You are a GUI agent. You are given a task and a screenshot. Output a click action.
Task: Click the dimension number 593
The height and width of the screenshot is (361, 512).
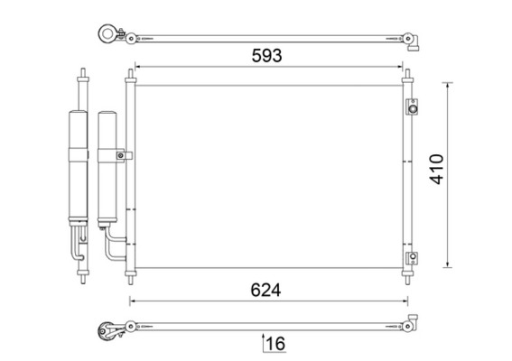pyautogui.click(x=266, y=55)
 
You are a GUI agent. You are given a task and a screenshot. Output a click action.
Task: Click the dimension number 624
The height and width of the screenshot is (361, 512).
pyautogui.click(x=265, y=290)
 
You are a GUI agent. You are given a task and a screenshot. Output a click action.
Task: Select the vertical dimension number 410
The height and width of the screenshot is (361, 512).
pyautogui.click(x=437, y=169)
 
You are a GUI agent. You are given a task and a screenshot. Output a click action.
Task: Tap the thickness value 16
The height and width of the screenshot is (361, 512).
pyautogui.click(x=276, y=343)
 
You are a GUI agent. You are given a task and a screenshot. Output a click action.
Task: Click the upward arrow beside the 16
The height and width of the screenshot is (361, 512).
pyautogui.click(x=263, y=343)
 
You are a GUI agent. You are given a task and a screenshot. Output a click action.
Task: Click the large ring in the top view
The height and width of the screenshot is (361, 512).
pyautogui.click(x=107, y=33)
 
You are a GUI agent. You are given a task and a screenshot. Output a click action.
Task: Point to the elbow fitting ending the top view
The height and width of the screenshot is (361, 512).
pyautogui.click(x=412, y=42)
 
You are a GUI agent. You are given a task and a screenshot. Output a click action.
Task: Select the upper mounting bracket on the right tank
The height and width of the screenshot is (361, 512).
pyautogui.click(x=413, y=107)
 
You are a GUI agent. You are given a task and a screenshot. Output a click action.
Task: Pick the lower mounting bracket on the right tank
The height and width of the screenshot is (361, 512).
pyautogui.click(x=413, y=257)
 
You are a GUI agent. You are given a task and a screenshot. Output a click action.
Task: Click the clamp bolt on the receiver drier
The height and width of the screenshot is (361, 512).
pyautogui.click(x=120, y=155)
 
